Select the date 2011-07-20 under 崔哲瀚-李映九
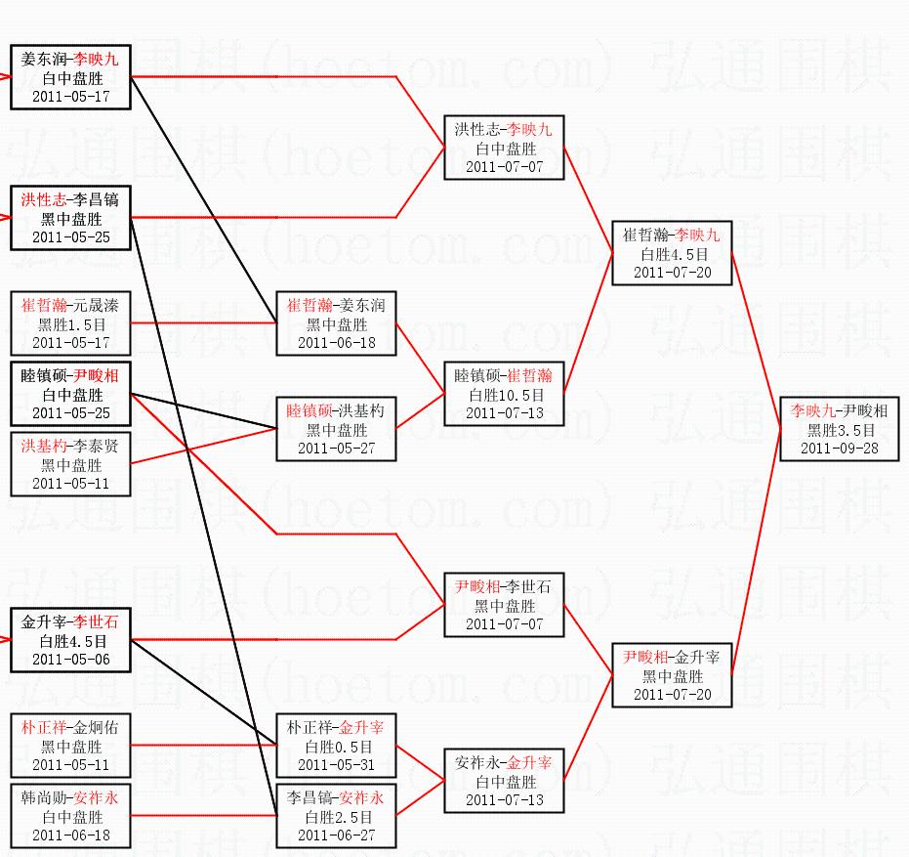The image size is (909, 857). pos(672,273)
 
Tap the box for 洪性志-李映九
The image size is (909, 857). pos(504,148)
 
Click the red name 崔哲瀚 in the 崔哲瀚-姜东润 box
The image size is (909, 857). pos(310,306)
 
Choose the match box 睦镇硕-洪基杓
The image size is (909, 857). pos(336,429)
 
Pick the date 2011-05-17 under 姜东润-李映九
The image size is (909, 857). pos(70,97)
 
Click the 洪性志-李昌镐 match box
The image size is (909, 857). pos(70,218)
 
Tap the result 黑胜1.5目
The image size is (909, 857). pos(70,324)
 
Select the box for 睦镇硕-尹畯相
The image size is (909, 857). pos(70,395)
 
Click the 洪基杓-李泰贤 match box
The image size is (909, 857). pos(70,464)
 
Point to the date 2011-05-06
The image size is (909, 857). pos(70,660)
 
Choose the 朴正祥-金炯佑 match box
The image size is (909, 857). pos(70,745)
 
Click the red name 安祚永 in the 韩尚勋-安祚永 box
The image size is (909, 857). pos(96,797)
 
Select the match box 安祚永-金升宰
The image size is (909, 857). pos(504,781)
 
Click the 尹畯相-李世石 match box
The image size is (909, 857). pos(504,605)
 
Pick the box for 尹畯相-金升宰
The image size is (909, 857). pos(672,675)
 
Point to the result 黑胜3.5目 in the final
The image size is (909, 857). pos(839,429)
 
